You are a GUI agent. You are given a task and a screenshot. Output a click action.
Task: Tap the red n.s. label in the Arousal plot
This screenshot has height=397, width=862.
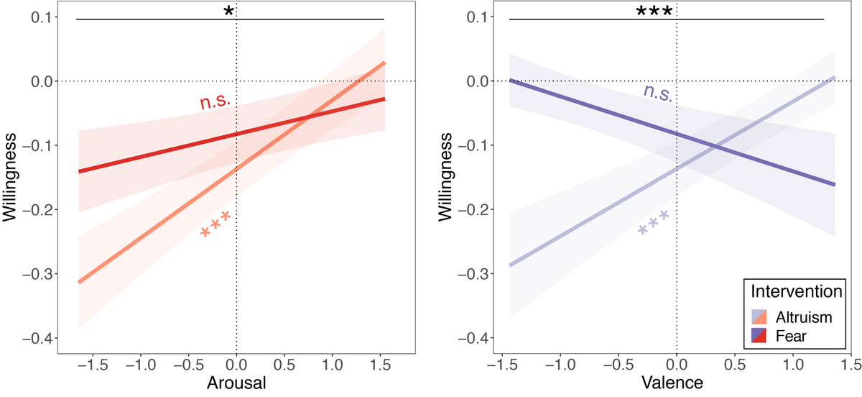coord(215,102)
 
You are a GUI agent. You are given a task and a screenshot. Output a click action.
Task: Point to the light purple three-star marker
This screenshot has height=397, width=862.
coord(654,222)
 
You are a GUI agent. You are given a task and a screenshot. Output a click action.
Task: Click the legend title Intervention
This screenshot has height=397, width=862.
coord(795,292)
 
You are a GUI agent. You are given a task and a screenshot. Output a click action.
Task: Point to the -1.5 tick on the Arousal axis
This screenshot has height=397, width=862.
coord(90,364)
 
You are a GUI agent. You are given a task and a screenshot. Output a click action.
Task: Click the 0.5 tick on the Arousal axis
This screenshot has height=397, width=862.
coord(284,364)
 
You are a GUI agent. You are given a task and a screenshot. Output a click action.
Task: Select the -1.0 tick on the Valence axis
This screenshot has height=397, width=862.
coord(557,364)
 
